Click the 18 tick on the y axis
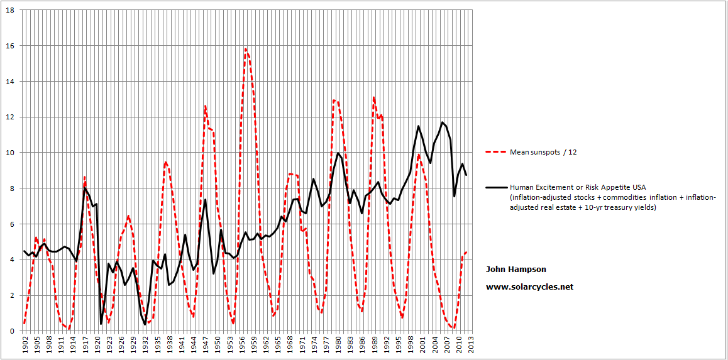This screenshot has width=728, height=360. [12, 10]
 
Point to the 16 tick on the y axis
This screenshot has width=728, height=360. [12, 46]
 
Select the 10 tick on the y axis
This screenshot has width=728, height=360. [12, 153]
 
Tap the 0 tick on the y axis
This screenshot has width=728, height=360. [14, 331]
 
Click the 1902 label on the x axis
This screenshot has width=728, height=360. [25, 345]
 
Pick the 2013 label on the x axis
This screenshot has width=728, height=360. [472, 345]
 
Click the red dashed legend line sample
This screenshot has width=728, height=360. [495, 152]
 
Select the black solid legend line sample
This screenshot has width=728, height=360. [495, 187]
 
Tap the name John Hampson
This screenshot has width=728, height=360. [516, 269]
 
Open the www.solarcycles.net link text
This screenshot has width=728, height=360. [529, 286]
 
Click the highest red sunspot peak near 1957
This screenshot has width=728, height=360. [245, 48]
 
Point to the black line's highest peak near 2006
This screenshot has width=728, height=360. [443, 122]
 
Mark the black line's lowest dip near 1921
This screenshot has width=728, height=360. [101, 324]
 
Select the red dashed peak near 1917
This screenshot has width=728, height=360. [84, 177]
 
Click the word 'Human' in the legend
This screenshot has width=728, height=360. [520, 187]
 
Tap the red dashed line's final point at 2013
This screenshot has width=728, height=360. [466, 252]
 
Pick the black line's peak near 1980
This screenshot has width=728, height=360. [338, 153]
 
